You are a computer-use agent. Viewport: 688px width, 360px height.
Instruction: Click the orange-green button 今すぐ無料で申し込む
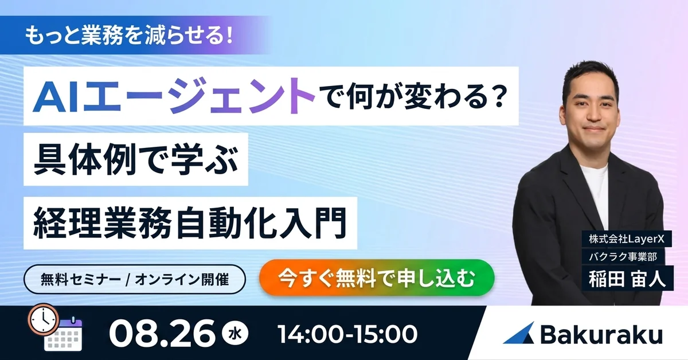point(377,277)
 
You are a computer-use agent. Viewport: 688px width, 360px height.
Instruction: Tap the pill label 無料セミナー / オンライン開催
point(135,280)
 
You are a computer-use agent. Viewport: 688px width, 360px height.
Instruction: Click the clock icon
point(44,319)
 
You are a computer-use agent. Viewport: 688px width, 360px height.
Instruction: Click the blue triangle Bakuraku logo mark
point(518,333)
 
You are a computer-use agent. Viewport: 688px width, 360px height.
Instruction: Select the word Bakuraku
point(601,334)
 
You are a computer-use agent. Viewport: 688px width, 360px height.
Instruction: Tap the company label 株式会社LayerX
point(627,239)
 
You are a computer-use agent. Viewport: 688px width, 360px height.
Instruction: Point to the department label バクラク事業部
point(623,256)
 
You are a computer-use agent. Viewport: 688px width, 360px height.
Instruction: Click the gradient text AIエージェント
point(174,96)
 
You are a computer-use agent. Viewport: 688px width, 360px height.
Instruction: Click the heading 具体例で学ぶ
point(136,160)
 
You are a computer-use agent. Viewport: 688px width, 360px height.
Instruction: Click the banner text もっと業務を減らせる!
point(128,36)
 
